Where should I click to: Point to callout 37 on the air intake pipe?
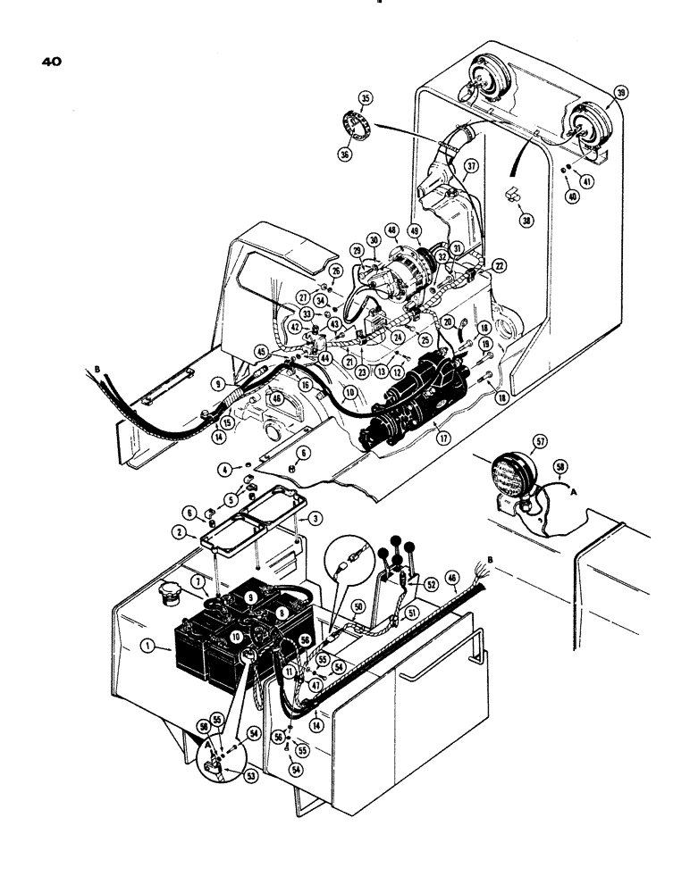[471, 167]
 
